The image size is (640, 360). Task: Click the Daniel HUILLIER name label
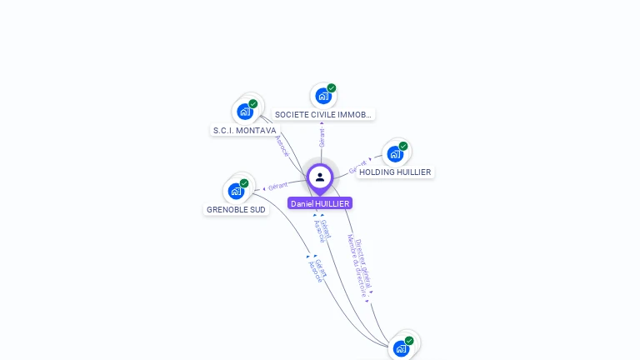click(320, 203)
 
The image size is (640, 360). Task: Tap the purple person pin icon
click(320, 177)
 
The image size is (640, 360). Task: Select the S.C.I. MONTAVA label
click(244, 131)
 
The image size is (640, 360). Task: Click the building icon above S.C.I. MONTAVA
click(245, 111)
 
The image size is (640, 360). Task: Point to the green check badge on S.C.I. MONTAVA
click(253, 104)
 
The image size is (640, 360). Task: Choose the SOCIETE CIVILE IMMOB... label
click(322, 115)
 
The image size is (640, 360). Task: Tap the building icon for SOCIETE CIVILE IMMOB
click(322, 96)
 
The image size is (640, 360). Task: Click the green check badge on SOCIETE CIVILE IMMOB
click(332, 88)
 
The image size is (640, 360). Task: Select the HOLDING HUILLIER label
click(395, 172)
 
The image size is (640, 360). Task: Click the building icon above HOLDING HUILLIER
click(395, 153)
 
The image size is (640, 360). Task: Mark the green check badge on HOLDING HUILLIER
click(403, 147)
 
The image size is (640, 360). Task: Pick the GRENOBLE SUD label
click(236, 210)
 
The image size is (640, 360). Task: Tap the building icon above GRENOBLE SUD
click(236, 191)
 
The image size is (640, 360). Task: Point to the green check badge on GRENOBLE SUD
click(244, 183)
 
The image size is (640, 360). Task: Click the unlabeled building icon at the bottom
click(401, 348)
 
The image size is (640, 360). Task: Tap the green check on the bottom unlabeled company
click(409, 341)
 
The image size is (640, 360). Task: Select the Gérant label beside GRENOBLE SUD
click(277, 185)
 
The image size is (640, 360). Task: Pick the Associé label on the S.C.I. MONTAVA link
click(282, 147)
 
